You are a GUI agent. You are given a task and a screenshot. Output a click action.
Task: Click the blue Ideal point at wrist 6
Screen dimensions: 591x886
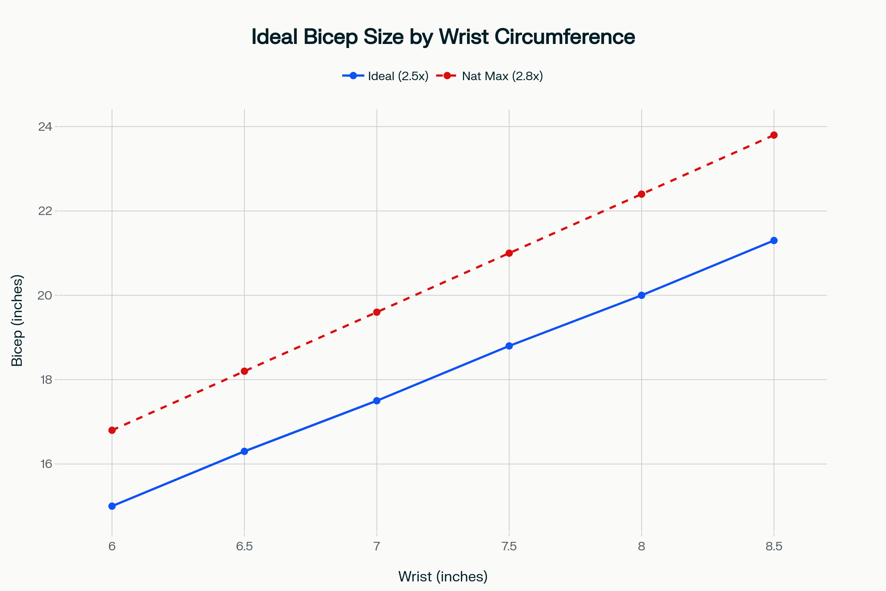point(112,506)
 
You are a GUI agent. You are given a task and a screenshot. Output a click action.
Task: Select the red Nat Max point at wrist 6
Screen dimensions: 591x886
point(112,430)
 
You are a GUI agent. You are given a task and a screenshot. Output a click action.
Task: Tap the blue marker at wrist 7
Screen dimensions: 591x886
point(377,401)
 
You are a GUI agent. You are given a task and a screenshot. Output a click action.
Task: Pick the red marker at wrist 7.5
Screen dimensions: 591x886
point(509,253)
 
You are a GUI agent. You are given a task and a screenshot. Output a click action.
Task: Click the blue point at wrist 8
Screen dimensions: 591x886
point(642,295)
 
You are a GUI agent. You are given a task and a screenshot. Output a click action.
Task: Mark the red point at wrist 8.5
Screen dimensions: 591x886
point(774,135)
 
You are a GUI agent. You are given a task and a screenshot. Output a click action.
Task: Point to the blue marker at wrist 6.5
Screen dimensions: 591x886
point(244,451)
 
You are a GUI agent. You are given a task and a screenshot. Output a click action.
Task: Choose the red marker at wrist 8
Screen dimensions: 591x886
point(642,194)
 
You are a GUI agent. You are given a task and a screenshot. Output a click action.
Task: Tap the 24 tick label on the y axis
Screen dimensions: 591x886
point(45,127)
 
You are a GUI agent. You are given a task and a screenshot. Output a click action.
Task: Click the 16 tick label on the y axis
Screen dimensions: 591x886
point(46,464)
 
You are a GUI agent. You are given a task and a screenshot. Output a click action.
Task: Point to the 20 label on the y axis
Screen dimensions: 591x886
point(45,295)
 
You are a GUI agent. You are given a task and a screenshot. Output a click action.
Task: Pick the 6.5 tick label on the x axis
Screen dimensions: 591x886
point(244,547)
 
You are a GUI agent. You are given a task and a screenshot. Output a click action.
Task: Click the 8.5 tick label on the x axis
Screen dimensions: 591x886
point(774,547)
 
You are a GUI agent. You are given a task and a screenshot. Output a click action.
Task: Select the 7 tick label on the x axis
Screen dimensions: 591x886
point(377,547)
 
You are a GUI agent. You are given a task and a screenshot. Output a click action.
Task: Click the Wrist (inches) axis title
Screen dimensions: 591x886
point(443,577)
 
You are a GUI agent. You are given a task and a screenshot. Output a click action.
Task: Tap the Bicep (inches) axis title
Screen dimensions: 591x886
point(17,320)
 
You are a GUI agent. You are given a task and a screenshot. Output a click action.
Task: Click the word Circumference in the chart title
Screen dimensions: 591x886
point(565,37)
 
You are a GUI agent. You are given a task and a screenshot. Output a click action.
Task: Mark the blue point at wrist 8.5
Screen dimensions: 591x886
point(774,240)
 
